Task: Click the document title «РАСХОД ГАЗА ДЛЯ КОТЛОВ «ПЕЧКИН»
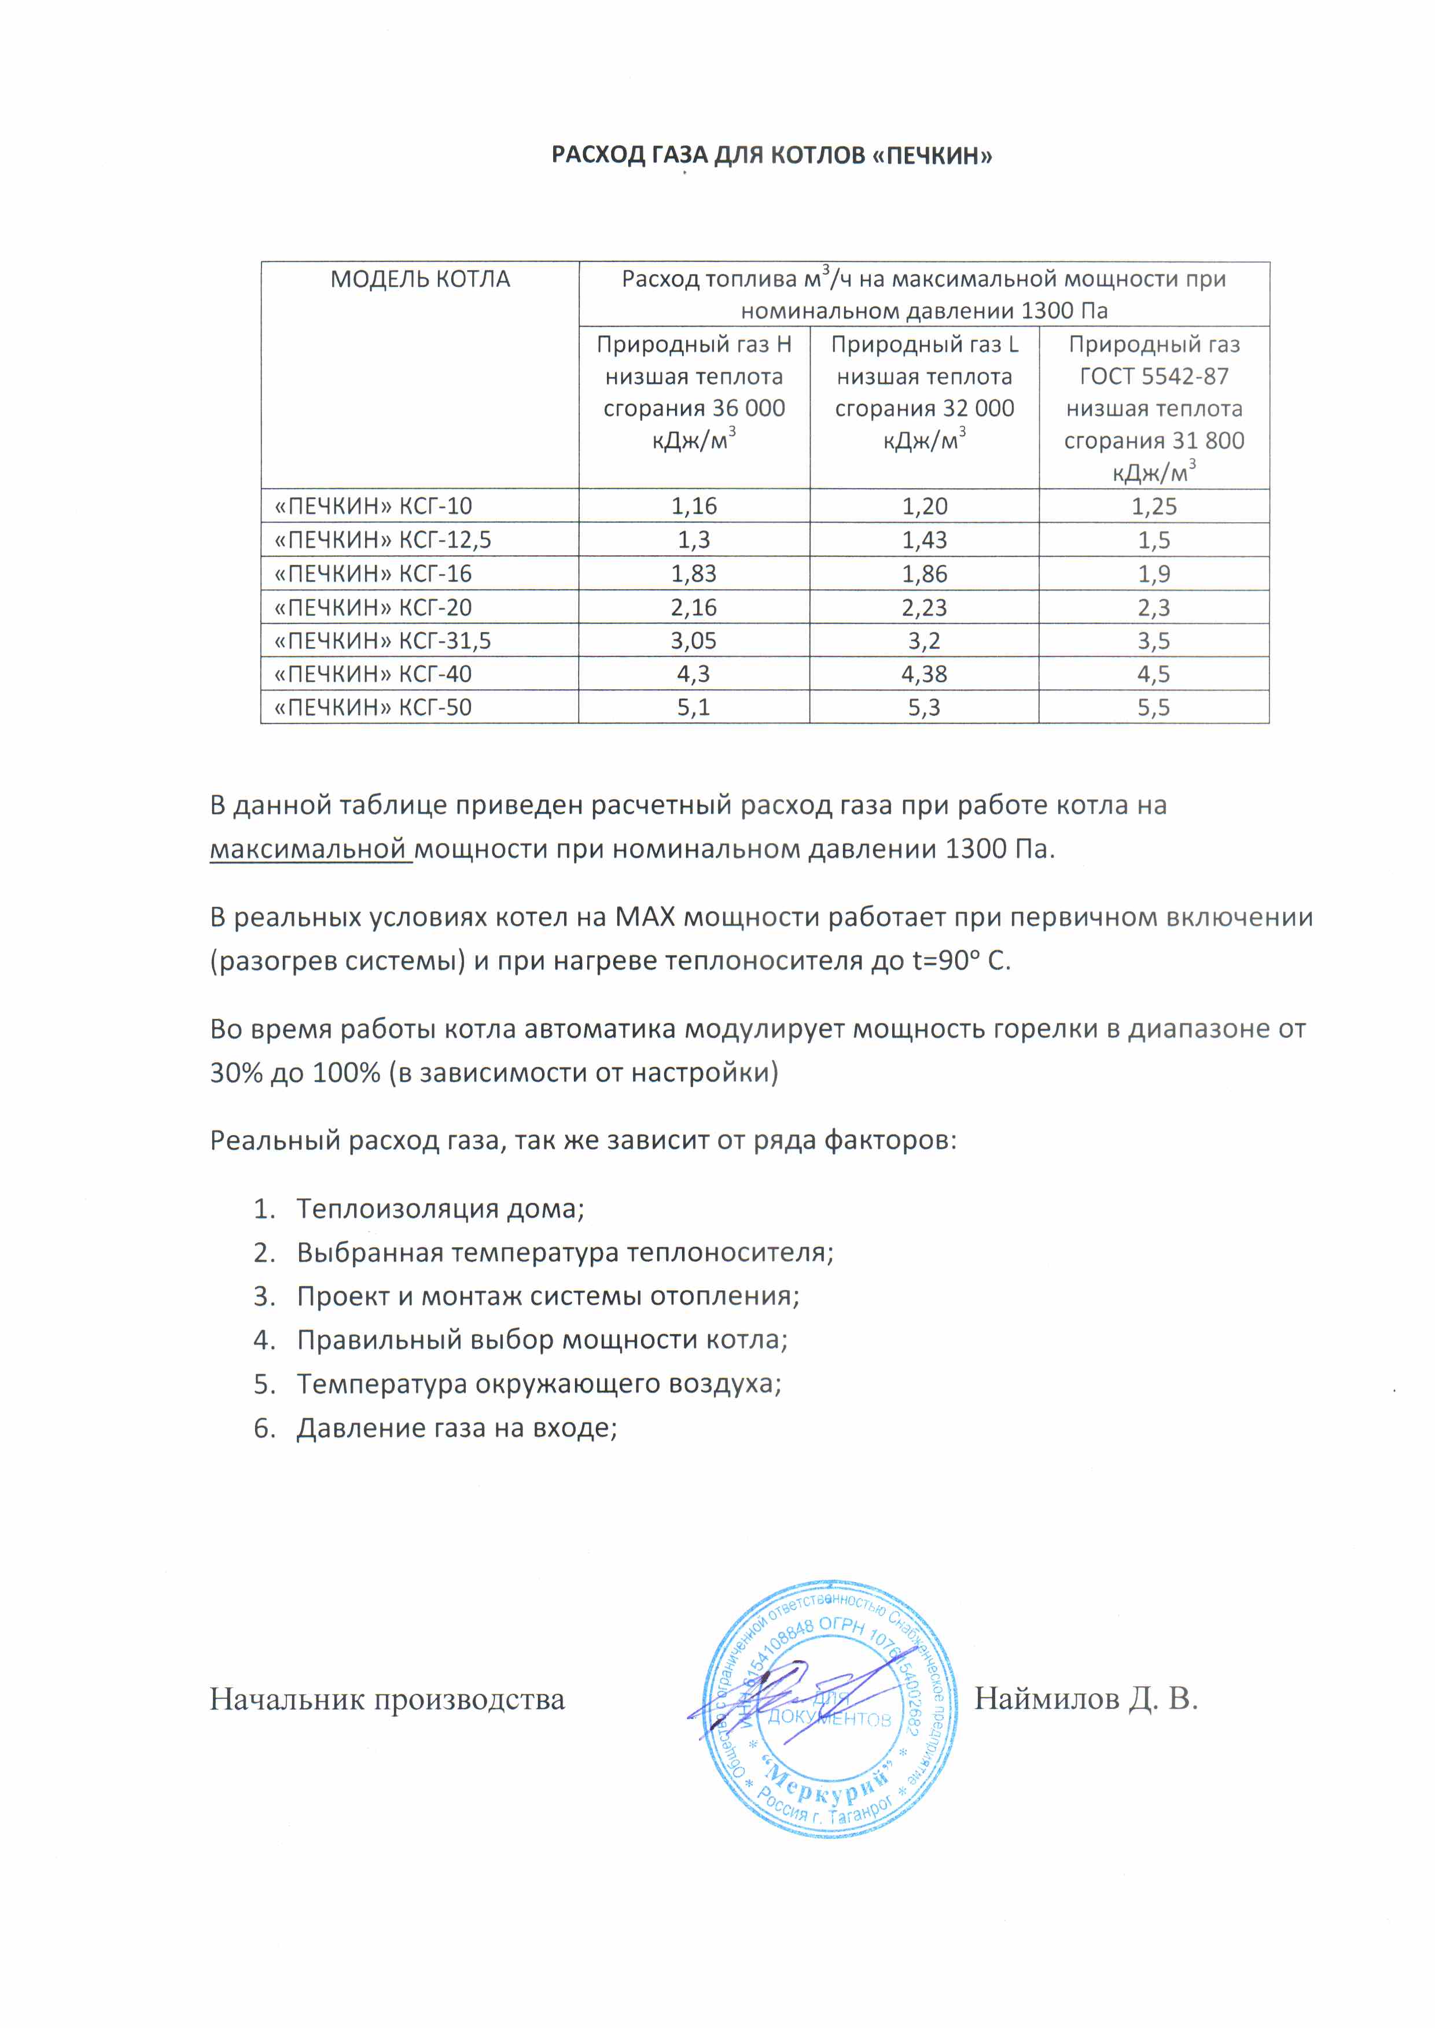[771, 156]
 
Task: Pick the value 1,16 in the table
[694, 506]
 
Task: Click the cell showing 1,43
[924, 540]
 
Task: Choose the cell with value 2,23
[924, 608]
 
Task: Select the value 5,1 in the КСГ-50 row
[694, 707]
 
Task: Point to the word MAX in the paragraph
[644, 918]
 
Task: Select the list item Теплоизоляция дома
[440, 1209]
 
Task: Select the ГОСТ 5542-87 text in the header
[1154, 377]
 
